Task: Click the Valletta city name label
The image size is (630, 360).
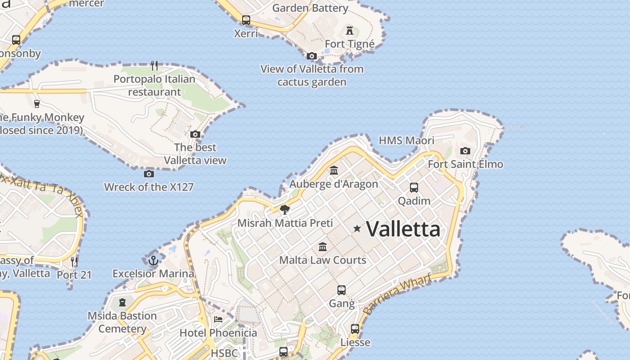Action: click(403, 229)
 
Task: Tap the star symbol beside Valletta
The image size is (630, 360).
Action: click(357, 229)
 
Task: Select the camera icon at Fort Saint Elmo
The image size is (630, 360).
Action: click(465, 151)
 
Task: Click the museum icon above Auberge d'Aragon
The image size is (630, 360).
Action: click(334, 171)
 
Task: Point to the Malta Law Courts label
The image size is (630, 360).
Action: click(323, 260)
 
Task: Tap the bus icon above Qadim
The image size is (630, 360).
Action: click(414, 188)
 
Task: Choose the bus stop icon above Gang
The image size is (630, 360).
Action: click(342, 290)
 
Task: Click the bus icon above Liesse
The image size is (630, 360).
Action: click(355, 329)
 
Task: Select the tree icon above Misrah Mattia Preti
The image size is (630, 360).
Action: click(284, 209)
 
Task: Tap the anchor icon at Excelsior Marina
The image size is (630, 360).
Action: click(153, 261)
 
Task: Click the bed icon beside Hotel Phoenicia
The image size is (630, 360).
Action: click(218, 319)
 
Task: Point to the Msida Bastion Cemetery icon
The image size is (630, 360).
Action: click(122, 302)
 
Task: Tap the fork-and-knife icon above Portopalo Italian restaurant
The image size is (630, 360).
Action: click(154, 66)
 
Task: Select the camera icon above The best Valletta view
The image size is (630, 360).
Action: click(195, 134)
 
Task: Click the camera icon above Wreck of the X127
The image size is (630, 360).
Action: click(149, 174)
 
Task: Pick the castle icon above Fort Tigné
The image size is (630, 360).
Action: click(350, 31)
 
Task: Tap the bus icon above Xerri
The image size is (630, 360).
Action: click(246, 20)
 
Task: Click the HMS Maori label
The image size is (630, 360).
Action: click(406, 140)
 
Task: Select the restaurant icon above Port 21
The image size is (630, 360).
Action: click(74, 261)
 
